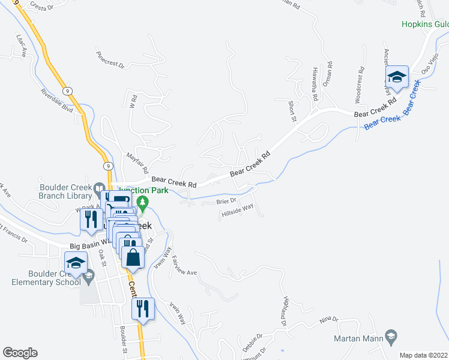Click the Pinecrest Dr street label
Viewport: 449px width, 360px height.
coord(109,59)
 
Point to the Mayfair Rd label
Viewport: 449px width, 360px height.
coord(138,159)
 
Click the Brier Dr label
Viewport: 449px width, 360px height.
coord(228,202)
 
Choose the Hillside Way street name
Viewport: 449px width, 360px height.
coord(238,211)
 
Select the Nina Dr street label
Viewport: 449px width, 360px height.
coord(329,319)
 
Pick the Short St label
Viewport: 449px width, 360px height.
coord(292,110)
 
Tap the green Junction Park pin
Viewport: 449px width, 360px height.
coord(143,203)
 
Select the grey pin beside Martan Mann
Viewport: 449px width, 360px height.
coord(391,335)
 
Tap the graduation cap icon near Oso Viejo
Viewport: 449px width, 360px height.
coord(397,77)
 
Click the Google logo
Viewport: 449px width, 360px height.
coord(20,353)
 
